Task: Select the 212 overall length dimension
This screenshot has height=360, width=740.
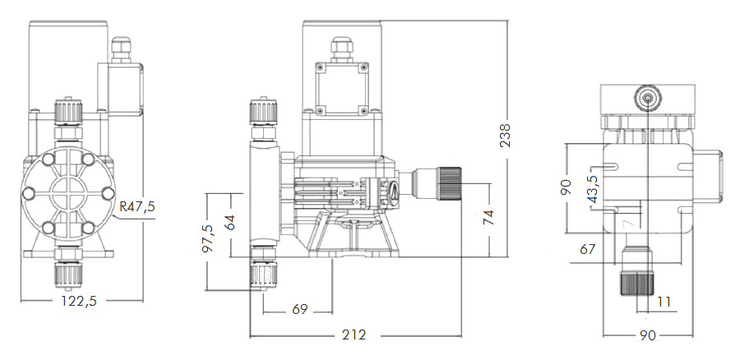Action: (355, 335)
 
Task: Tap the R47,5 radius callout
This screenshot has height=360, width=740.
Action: (136, 206)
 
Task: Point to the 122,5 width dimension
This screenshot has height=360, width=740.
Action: (79, 301)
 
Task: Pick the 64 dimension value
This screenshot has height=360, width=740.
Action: (231, 223)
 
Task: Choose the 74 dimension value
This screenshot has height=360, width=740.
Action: (489, 217)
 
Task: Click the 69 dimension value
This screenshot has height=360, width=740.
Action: (299, 309)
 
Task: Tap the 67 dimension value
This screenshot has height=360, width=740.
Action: (588, 248)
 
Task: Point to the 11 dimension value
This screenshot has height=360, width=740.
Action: (664, 302)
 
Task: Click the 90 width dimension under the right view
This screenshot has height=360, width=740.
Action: (648, 335)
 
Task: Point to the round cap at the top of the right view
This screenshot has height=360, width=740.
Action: (648, 98)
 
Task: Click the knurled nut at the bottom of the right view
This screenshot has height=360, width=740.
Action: (637, 281)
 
